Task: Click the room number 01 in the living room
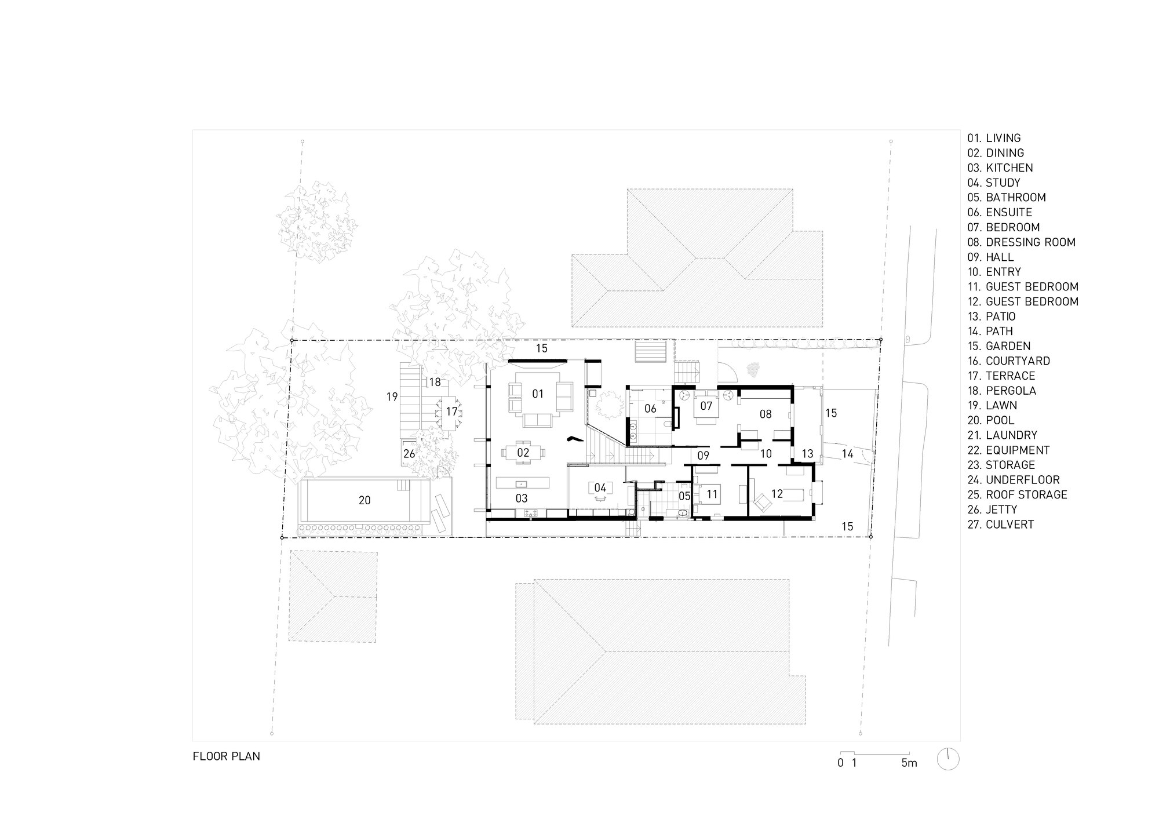(538, 394)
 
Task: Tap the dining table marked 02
(523, 453)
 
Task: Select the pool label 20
(365, 500)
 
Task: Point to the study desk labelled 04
(600, 488)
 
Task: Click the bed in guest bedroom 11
(712, 494)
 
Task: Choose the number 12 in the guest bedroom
(777, 494)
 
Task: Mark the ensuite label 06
(650, 409)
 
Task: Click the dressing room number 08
(765, 414)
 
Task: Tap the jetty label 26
(409, 454)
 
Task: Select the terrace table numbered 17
(451, 412)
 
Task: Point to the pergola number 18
(435, 382)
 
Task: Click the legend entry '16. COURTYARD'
(1008, 361)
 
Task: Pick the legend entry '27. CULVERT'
(1000, 525)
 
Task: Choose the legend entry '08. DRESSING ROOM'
(1021, 242)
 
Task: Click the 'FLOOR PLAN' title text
(227, 756)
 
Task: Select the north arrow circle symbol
(948, 759)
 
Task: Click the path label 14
(847, 454)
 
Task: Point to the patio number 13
(807, 454)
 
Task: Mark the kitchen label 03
(522, 498)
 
